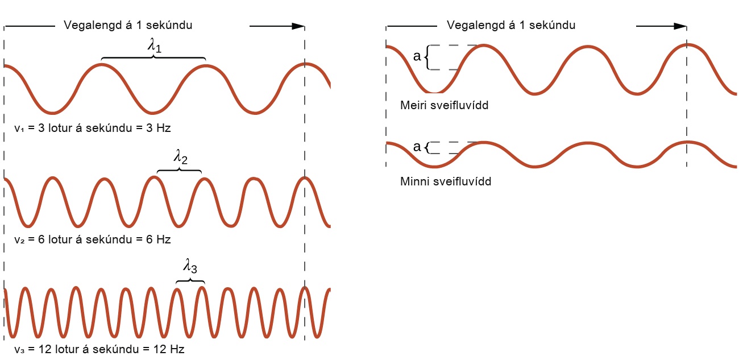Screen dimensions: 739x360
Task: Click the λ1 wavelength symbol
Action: [x=155, y=45]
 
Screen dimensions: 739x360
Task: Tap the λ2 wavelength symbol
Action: [x=180, y=157]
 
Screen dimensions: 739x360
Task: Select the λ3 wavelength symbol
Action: [x=190, y=266]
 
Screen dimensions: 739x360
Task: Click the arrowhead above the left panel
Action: [x=298, y=26]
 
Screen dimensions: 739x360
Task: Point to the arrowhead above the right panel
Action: [x=680, y=26]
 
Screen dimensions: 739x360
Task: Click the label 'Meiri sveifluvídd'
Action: [x=444, y=105]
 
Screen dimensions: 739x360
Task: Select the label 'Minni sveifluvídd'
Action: [x=445, y=181]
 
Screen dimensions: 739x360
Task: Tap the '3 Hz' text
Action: [x=159, y=128]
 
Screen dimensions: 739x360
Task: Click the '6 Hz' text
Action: [x=159, y=239]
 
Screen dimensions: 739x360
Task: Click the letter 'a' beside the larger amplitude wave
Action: [x=417, y=57]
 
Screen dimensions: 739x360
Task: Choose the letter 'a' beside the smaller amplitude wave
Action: [x=417, y=147]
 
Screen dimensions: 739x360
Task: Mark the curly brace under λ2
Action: [x=179, y=170]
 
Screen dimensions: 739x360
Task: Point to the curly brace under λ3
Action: [x=190, y=280]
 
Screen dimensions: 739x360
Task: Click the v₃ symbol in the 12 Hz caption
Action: [x=19, y=350]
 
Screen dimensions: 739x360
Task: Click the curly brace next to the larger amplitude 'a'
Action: [x=427, y=57]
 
